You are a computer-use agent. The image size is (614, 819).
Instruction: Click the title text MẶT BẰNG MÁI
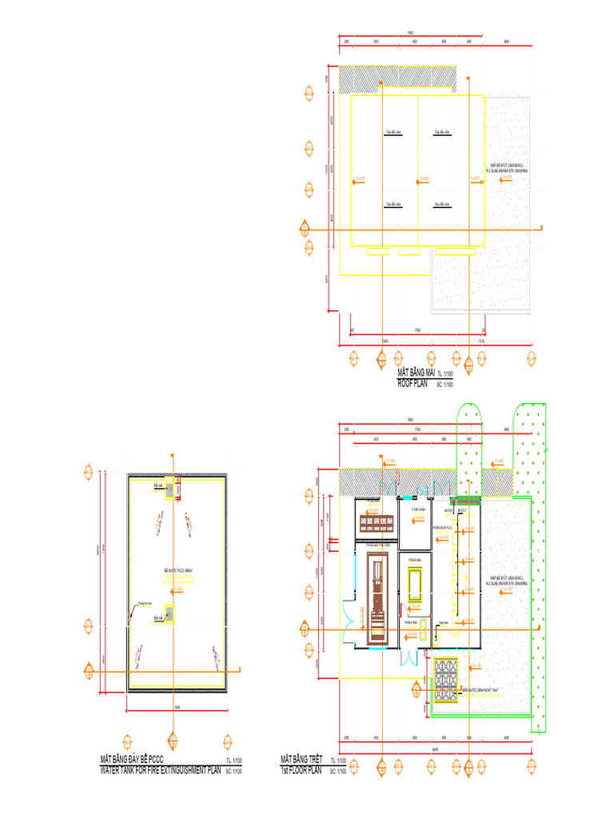[417, 374]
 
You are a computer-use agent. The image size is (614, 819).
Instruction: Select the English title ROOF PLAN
[413, 384]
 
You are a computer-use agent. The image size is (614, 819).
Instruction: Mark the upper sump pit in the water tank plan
[169, 485]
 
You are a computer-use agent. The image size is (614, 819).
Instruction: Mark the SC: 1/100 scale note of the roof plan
[445, 385]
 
